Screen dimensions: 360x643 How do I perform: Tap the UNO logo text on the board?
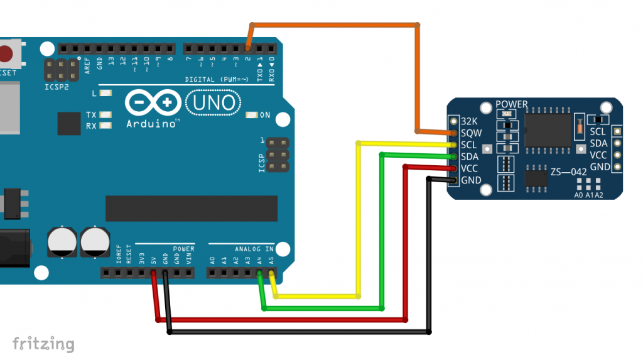(213, 102)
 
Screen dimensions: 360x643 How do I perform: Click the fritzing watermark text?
(43, 344)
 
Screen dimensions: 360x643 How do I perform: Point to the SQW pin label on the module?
(470, 133)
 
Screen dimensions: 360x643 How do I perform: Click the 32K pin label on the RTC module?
(470, 121)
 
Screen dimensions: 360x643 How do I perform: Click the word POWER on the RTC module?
(512, 104)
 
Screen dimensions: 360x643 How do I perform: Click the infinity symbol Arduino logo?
(151, 102)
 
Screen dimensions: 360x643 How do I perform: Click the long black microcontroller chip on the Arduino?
(192, 209)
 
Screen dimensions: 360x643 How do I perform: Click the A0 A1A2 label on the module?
(588, 195)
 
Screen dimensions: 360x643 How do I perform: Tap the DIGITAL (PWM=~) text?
(217, 79)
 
